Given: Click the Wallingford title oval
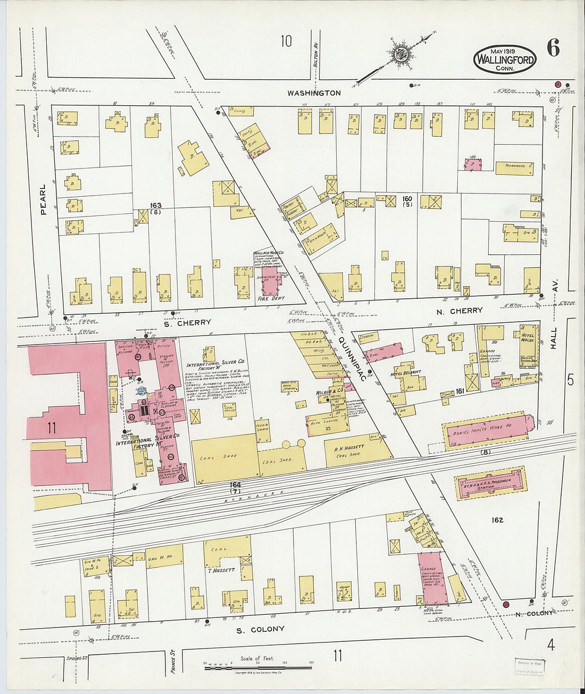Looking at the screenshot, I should pyautogui.click(x=504, y=58).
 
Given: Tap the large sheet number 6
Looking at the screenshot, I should pyautogui.click(x=553, y=49).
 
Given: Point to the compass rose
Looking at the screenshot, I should pyautogui.click(x=399, y=53).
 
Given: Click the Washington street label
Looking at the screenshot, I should pyautogui.click(x=314, y=93).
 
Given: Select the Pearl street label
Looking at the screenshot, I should pyautogui.click(x=43, y=199).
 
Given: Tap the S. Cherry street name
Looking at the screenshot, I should pyautogui.click(x=187, y=322).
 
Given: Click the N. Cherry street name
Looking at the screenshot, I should pyautogui.click(x=459, y=311).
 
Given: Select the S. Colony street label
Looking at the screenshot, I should pyautogui.click(x=260, y=629).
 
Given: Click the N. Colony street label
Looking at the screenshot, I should pyautogui.click(x=533, y=613).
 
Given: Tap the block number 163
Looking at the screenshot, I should pyautogui.click(x=155, y=205).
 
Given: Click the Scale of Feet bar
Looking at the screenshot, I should pyautogui.click(x=258, y=667).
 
